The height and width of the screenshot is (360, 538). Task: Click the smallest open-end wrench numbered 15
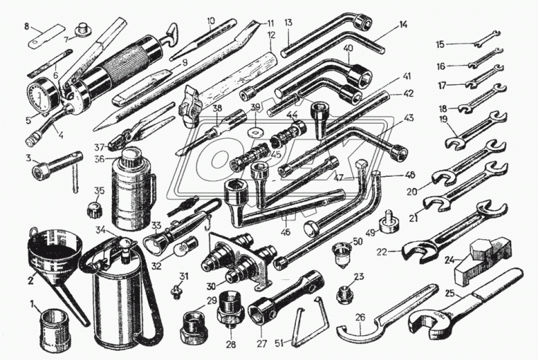point(487,37)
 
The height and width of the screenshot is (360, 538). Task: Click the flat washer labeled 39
point(254,131)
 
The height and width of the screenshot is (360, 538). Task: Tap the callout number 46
point(285,232)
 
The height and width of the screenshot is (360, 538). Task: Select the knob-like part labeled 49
point(389,222)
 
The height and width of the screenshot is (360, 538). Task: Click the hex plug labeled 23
point(345,294)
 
